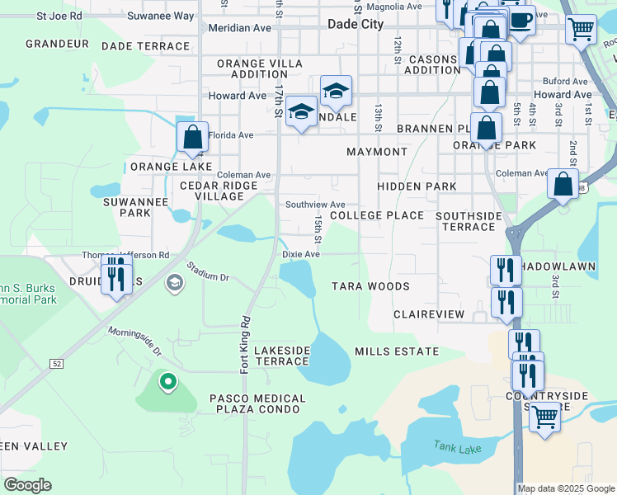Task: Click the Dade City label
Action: point(356,25)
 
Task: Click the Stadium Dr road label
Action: point(207,272)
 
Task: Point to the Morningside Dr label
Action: point(134,340)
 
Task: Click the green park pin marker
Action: point(168,382)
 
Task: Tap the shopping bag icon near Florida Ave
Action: point(192,136)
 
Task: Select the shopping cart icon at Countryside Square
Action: point(544,417)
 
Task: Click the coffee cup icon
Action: point(520,20)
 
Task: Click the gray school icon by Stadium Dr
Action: point(174,284)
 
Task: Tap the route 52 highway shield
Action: point(56,363)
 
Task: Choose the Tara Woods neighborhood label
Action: point(370,286)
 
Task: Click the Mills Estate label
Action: point(397,351)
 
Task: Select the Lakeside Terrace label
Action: point(281,356)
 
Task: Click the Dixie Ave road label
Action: point(301,255)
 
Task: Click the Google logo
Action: point(27,485)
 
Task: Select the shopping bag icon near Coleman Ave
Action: point(563,185)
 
